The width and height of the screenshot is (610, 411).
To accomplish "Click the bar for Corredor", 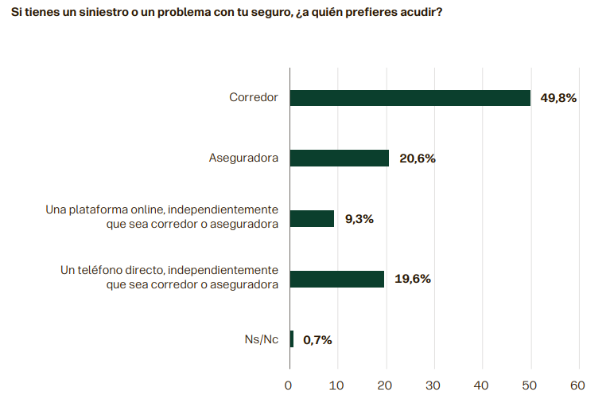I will coord(410,98).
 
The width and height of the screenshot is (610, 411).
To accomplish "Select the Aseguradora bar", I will coord(340,159).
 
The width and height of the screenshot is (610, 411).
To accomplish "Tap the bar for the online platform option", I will coord(312,219).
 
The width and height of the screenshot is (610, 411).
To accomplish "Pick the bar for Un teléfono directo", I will coord(337,279).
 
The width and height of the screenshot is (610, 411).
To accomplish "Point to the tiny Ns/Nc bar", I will coord(292,339).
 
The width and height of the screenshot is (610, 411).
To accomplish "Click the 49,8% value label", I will coord(558,98).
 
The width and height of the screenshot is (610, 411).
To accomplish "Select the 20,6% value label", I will coord(417,159).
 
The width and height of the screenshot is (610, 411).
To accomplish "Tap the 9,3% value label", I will coord(359,219).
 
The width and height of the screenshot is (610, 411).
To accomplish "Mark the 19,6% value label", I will coord(412,279).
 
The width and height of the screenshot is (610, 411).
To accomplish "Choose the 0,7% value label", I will coord(317,340).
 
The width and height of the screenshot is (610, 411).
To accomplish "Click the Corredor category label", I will coord(254,98).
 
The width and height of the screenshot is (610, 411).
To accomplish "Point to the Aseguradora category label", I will coord(243,159).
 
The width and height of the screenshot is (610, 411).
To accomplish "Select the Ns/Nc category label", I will coord(261,340).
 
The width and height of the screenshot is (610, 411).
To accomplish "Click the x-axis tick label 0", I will coord(289,386).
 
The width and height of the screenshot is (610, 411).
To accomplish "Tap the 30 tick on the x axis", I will coord(433,386).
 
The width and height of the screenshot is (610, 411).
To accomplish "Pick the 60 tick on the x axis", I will coord(577,386).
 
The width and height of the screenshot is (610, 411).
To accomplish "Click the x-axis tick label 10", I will coord(337,386).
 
